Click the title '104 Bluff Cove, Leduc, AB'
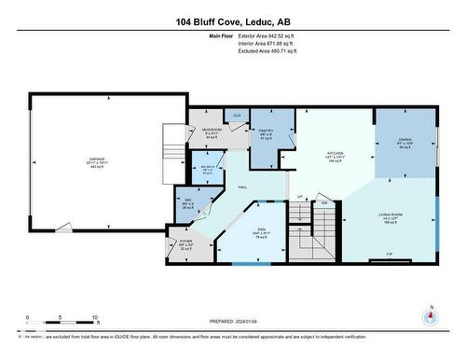pyautogui.click(x=232, y=21)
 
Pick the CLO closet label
pyautogui.click(x=237, y=116)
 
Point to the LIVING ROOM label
pyautogui.click(x=390, y=214)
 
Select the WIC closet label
pyautogui.click(x=188, y=201)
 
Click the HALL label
pyautogui.click(x=241, y=187)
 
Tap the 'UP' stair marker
pyautogui.click(x=299, y=197)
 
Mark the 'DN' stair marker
pyautogui.click(x=324, y=203)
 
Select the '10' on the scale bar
pyautogui.click(x=94, y=318)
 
